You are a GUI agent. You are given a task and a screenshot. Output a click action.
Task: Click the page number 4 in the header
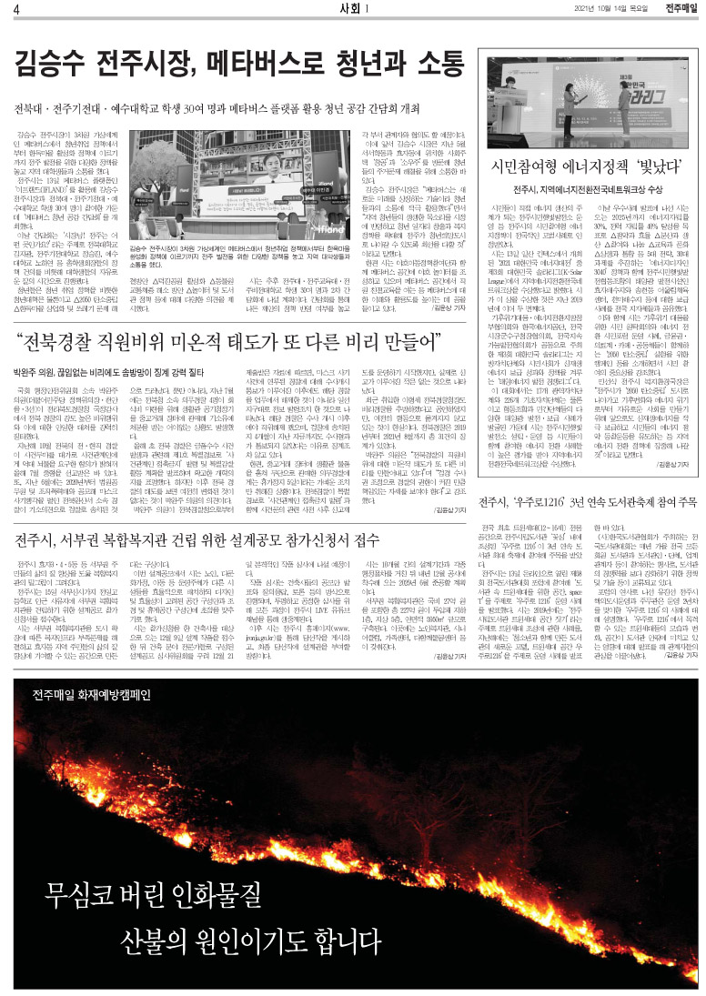(16, 10)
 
